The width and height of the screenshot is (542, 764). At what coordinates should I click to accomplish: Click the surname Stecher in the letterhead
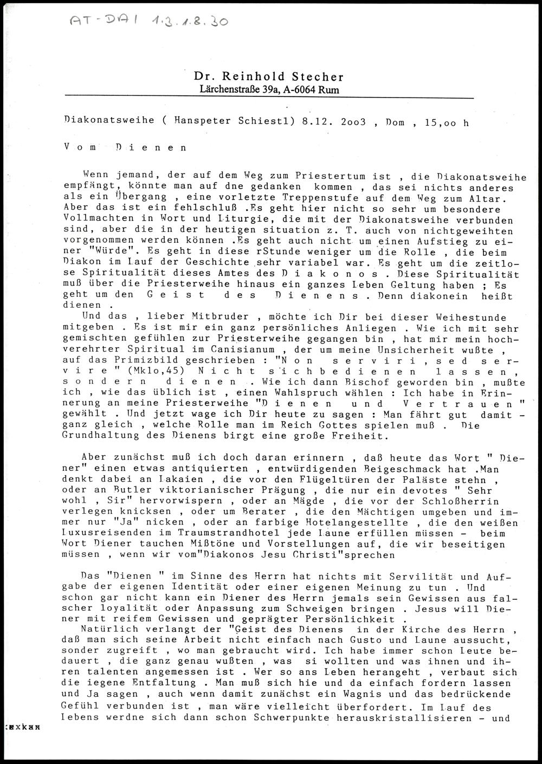pyautogui.click(x=315, y=77)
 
